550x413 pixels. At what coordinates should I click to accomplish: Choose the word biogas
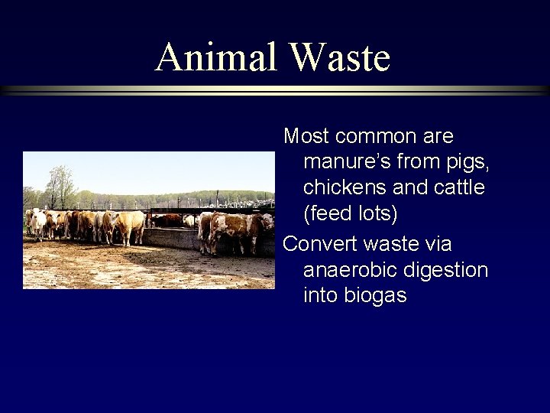[x=374, y=295]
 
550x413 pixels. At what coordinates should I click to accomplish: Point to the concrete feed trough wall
[x=172, y=238]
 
